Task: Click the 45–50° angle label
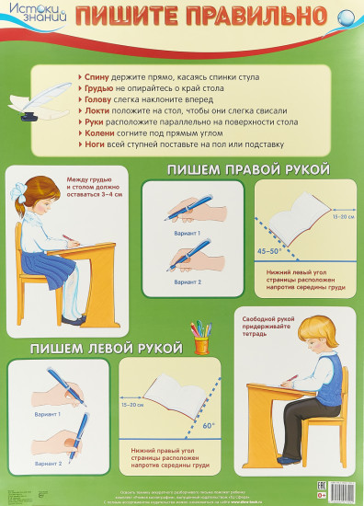[269, 248]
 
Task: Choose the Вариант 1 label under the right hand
[187, 234]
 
